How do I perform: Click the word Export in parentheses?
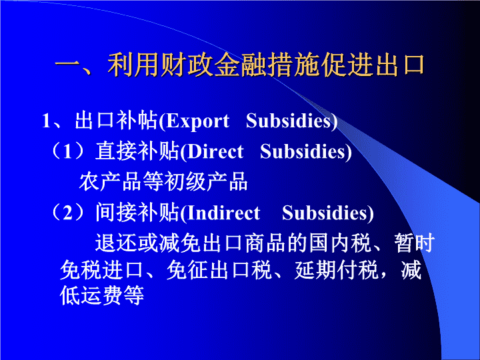point(197,121)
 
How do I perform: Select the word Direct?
point(215,151)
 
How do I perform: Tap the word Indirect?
point(223,213)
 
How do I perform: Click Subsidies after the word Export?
point(289,121)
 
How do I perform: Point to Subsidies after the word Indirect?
point(325,213)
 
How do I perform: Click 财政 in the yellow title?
point(187,65)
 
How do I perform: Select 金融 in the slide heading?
point(240,65)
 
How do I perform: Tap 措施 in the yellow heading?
point(293,65)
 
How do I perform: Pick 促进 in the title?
point(346,65)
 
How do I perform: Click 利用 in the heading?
point(134,65)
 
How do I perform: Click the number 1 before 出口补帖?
point(46,121)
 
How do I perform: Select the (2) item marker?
point(67,213)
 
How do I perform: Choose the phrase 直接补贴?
point(137,151)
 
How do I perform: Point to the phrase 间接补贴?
point(137,213)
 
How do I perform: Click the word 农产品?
point(111,182)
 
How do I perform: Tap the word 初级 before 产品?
point(185,182)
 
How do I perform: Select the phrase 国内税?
point(341,243)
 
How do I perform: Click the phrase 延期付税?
point(337,270)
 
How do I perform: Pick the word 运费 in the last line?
point(101,296)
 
